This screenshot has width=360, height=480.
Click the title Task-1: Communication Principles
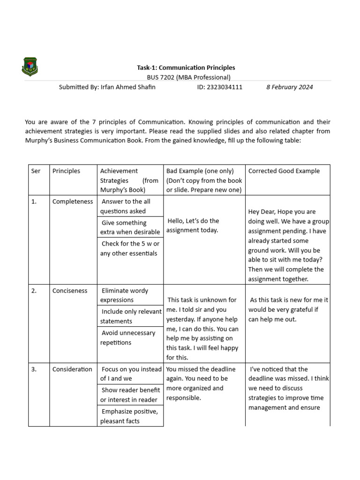point(186,68)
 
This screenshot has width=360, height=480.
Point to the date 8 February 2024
point(289,87)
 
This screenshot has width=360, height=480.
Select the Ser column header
point(36,171)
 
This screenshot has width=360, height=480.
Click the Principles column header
point(66,171)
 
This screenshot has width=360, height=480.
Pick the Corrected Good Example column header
point(284,171)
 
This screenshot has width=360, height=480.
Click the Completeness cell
point(73,202)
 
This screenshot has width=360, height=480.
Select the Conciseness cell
point(70,291)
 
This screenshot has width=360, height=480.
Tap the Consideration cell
point(72,369)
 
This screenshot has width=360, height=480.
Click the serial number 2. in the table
point(34,291)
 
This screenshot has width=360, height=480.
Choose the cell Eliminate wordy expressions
point(129,295)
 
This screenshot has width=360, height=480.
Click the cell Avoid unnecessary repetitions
point(129,337)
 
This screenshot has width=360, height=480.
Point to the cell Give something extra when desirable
point(129,227)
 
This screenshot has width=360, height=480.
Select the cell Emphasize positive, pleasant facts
point(129,416)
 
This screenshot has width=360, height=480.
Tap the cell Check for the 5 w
point(129,248)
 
